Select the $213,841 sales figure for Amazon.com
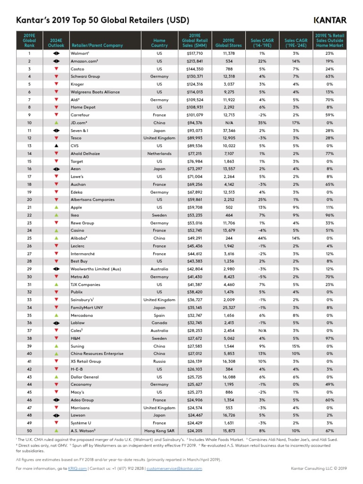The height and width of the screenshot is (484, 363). (195, 61)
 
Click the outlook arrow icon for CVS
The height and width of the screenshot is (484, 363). (56, 146)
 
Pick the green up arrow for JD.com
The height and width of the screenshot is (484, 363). (56, 123)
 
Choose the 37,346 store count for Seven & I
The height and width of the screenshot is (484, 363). (228, 130)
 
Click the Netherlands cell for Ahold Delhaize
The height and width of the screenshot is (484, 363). (159, 154)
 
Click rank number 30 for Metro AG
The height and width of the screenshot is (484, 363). (29, 277)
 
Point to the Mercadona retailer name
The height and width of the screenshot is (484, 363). (82, 315)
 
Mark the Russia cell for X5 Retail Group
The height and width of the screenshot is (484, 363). (159, 362)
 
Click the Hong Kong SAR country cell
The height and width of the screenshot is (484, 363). (159, 431)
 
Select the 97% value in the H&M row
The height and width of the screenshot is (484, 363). (329, 338)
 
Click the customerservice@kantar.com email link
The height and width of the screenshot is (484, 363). (175, 468)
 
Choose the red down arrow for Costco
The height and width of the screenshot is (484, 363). (56, 69)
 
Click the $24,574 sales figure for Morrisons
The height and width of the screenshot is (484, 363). (195, 407)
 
